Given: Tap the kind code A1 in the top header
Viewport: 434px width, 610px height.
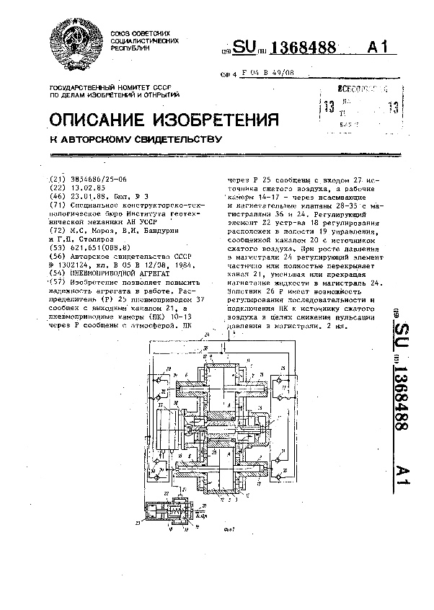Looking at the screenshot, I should coord(378,48).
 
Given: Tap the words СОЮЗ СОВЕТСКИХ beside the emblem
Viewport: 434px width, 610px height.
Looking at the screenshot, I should coord(140,34).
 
